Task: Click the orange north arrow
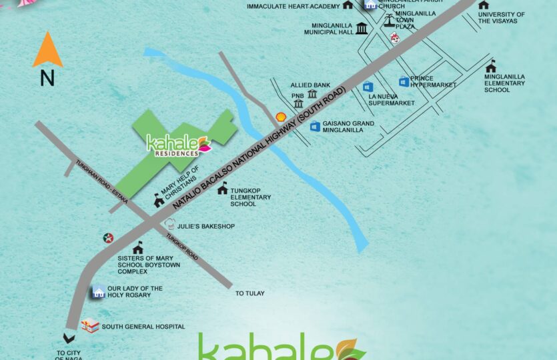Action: (47, 50)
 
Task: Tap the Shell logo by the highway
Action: (282, 117)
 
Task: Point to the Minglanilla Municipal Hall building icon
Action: (362, 28)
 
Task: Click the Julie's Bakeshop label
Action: (205, 227)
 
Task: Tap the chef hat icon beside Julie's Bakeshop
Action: (169, 225)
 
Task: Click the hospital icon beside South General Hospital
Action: (89, 326)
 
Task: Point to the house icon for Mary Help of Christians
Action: (159, 199)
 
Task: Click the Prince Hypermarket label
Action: (433, 82)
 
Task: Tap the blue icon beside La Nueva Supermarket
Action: (368, 87)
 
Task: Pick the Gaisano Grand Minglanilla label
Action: (348, 127)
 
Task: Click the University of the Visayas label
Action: (502, 17)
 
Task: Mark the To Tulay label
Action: (250, 293)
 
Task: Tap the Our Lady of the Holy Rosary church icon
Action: (99, 291)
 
